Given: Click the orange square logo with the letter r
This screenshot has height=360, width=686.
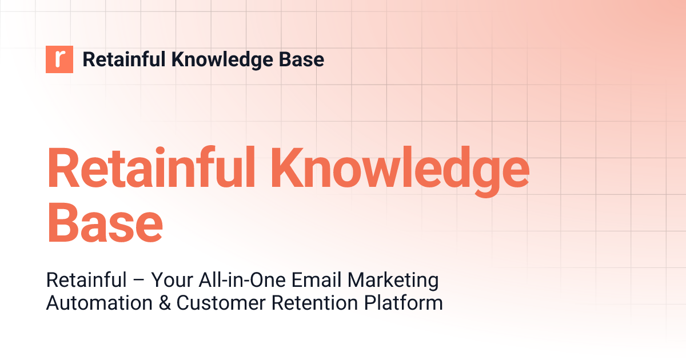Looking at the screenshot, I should pos(59,59).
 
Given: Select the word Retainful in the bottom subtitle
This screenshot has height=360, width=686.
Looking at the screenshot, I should pos(86,281).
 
